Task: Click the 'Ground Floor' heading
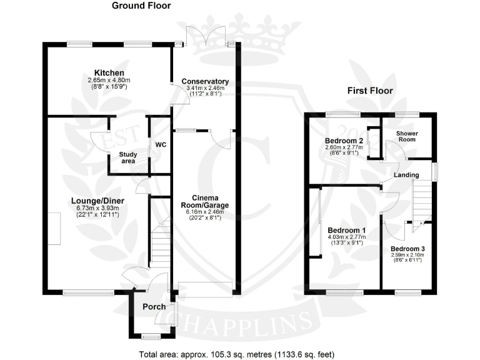pos(141,6)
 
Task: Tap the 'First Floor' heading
pos(370,91)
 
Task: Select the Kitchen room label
pos(107,72)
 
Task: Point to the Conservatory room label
pos(205,82)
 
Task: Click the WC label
pos(160,145)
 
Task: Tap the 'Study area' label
pos(128,157)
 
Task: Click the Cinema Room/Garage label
pos(205,201)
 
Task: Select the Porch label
pos(154,307)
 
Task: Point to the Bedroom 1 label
pos(346,230)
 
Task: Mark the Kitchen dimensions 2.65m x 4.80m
pos(107,81)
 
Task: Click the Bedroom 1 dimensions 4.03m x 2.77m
pos(346,238)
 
